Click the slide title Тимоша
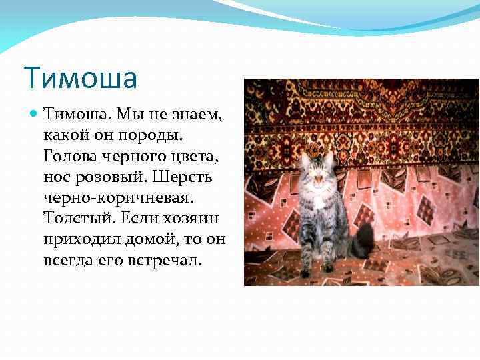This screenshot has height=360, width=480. tap(80, 77)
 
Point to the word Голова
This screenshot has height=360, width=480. tap(70, 157)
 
